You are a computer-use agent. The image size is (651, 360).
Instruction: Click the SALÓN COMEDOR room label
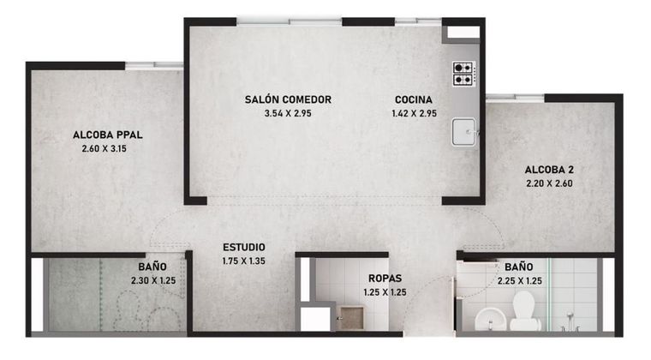click(x=288, y=99)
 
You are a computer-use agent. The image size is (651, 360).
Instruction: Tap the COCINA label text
click(x=414, y=99)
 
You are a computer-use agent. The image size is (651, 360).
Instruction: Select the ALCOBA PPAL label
click(x=108, y=135)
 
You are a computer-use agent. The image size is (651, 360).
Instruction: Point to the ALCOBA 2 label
click(x=549, y=170)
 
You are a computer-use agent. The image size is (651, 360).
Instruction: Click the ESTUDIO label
click(x=244, y=248)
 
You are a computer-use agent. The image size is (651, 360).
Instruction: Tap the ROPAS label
click(x=385, y=279)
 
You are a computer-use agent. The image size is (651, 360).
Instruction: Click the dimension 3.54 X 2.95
click(x=288, y=113)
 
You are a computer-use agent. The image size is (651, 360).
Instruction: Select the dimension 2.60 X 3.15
click(x=105, y=148)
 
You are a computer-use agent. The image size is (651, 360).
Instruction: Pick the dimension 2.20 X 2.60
click(x=549, y=183)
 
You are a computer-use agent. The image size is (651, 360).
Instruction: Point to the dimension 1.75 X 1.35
click(x=244, y=261)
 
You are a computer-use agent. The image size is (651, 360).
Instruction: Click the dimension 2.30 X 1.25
click(x=153, y=280)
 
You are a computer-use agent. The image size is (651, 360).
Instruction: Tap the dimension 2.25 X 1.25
click(x=520, y=281)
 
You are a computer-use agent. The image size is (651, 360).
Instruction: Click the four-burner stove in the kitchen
click(x=463, y=74)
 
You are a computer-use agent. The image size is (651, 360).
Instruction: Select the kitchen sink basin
click(x=463, y=132)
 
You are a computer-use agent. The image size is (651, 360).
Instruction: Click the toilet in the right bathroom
click(x=524, y=311)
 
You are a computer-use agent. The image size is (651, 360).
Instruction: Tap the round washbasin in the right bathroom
click(x=490, y=320)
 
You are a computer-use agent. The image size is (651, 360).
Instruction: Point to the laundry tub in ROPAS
click(x=351, y=319)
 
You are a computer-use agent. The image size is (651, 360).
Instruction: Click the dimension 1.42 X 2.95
click(x=414, y=113)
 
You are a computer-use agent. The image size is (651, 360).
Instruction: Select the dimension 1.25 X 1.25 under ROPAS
click(x=385, y=292)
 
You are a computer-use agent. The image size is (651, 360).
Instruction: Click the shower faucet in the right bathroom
click(x=570, y=323)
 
